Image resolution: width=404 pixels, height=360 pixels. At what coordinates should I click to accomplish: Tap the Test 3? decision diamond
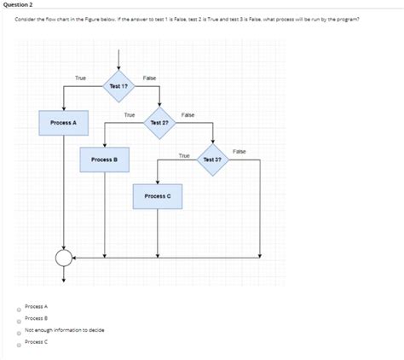tap(213, 159)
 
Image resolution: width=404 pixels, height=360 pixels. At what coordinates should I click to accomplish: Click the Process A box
tap(63, 123)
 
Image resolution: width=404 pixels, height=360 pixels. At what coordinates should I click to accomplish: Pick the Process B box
tap(104, 160)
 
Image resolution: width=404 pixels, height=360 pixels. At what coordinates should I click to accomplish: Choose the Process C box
tap(158, 196)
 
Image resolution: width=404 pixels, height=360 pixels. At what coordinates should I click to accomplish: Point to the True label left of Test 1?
tap(80, 78)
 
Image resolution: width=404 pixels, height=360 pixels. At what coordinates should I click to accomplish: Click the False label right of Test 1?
tap(149, 78)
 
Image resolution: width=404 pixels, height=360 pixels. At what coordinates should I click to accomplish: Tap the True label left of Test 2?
tap(130, 114)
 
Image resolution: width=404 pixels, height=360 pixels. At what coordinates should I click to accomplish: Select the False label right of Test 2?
tap(188, 114)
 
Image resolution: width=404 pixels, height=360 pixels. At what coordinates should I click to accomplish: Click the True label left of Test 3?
tap(184, 155)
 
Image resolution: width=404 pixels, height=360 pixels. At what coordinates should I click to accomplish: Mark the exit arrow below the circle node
tap(64, 275)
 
